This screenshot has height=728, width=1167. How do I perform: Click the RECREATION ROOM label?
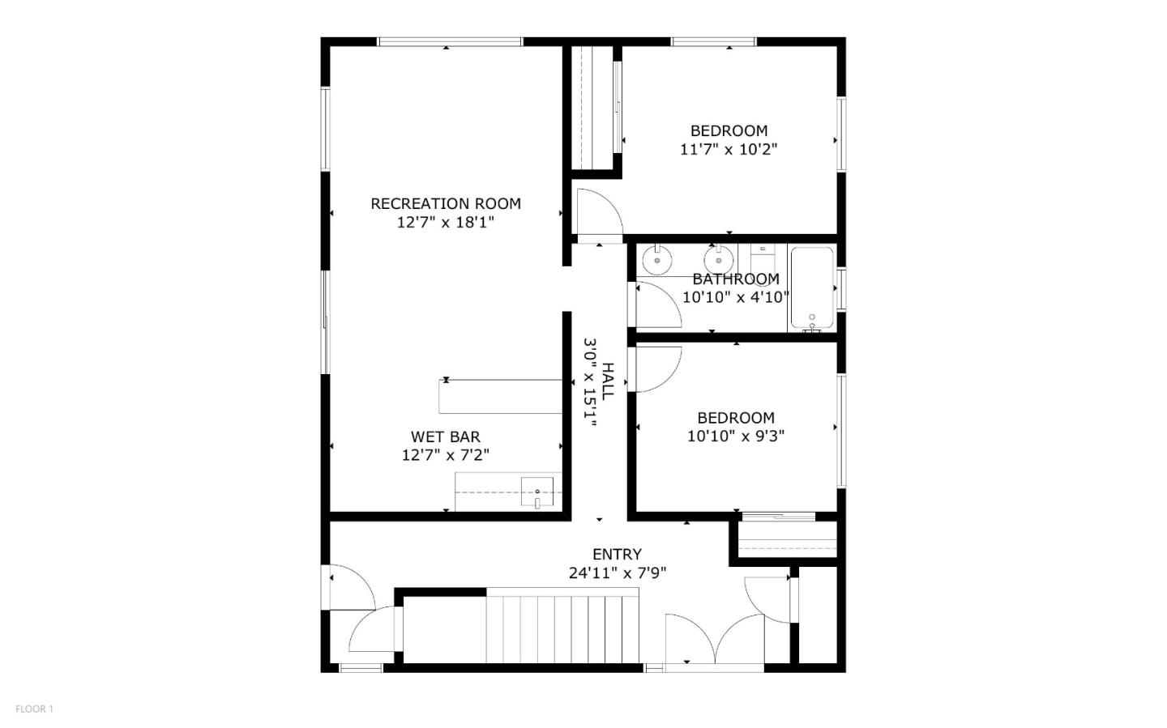445,203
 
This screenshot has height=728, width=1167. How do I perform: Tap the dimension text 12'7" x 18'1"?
445,222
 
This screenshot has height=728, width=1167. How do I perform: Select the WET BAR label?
445,437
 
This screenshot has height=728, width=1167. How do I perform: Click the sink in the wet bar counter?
536,492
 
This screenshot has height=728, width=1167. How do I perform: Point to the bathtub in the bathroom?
812,287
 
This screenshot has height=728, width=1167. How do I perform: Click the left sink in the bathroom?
656,261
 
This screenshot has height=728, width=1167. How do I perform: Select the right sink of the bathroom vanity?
718,261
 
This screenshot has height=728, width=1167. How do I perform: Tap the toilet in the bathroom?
763,259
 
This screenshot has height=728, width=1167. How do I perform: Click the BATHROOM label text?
735,279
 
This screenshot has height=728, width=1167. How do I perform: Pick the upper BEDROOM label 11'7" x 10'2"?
729,130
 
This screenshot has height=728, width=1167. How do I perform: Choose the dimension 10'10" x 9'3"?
735,436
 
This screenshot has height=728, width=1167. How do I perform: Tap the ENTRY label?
617,555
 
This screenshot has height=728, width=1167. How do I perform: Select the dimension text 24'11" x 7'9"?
617,573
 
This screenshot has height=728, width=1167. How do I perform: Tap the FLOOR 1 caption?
34,709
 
